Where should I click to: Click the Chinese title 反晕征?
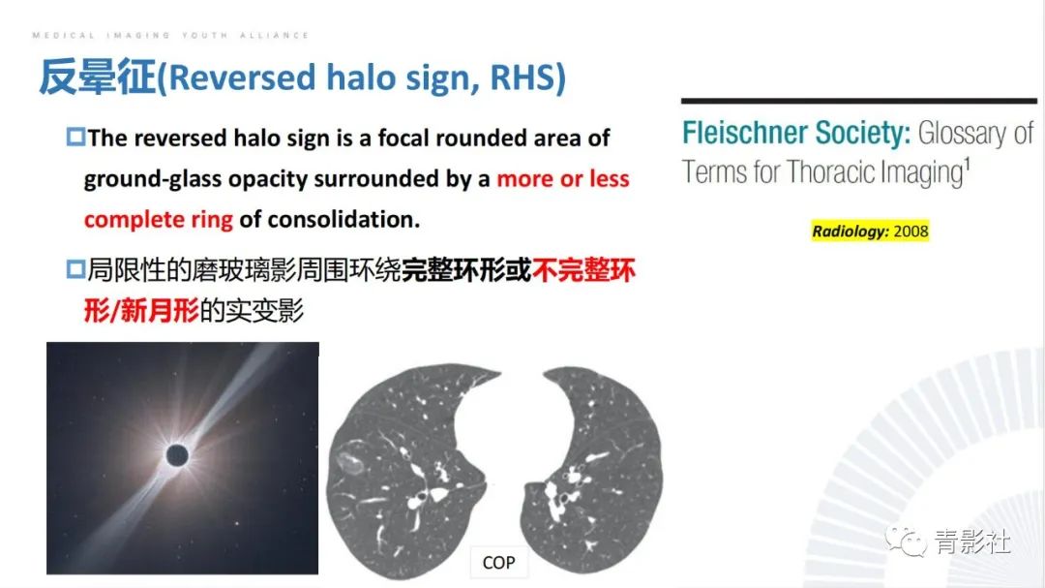(97, 77)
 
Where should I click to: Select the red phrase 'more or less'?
(563, 179)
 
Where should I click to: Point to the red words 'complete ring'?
(159, 220)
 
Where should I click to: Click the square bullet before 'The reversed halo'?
(75, 138)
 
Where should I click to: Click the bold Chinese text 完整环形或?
(466, 270)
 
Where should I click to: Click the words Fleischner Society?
(796, 133)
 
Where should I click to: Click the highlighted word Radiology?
(849, 232)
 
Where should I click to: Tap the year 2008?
(911, 232)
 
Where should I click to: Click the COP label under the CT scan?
(498, 562)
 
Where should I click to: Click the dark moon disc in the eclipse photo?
(177, 455)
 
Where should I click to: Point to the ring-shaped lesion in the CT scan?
(352, 455)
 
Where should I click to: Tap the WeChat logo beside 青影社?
(908, 542)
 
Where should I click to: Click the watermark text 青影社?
(972, 542)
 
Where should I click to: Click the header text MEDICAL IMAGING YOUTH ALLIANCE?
(170, 35)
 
